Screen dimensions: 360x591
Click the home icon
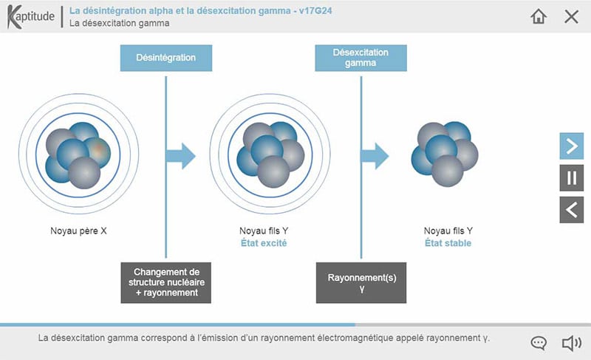click(x=539, y=16)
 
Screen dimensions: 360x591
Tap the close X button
click(x=571, y=16)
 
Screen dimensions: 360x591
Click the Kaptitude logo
click(x=30, y=17)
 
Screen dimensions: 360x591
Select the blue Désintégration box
click(x=166, y=58)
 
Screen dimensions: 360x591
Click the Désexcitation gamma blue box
click(x=361, y=58)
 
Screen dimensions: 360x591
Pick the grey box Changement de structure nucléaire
click(x=166, y=282)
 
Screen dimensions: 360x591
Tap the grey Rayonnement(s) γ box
click(x=361, y=282)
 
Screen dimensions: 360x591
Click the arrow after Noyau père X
click(x=182, y=156)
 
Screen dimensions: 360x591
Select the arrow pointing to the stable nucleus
click(x=375, y=156)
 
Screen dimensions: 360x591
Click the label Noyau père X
click(x=74, y=231)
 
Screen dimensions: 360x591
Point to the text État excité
click(x=264, y=243)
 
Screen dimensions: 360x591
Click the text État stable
click(x=448, y=243)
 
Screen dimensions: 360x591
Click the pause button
click(x=571, y=178)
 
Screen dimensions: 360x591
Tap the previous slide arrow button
click(x=571, y=210)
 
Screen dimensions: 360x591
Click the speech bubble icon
click(x=539, y=343)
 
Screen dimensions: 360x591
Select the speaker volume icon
click(x=571, y=343)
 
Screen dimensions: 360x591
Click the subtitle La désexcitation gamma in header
click(x=120, y=23)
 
